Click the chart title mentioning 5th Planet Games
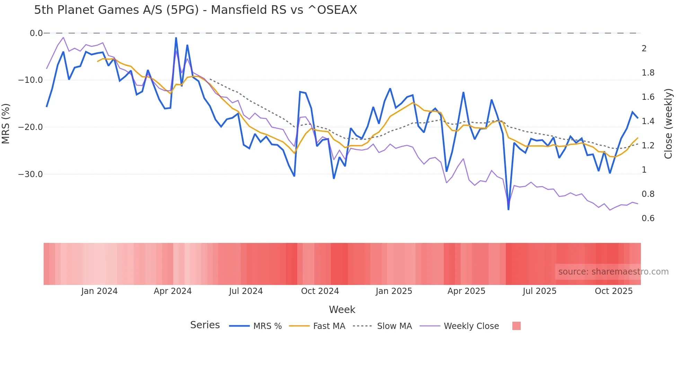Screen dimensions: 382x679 195,10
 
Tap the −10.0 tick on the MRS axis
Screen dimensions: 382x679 30,80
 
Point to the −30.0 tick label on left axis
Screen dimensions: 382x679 30,174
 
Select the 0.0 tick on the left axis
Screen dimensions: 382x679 36,33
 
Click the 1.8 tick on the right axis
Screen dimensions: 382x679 648,73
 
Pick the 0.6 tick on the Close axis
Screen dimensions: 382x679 648,218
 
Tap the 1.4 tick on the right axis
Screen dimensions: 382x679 648,121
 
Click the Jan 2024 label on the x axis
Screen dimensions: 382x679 99,291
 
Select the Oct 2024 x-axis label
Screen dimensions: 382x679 320,291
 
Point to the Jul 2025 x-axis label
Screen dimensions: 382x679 539,291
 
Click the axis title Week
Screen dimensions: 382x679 342,310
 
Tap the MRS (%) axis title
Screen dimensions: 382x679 6,124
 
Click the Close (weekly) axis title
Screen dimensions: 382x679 668,124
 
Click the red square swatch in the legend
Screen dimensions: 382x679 516,326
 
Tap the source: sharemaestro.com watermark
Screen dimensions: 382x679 613,272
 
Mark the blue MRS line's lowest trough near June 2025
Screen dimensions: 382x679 508,209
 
